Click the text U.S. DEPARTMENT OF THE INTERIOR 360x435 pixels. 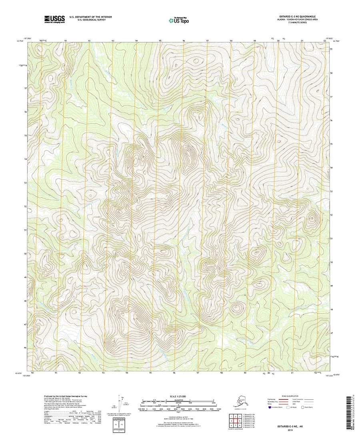(90, 17)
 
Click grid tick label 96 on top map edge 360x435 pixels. (184, 41)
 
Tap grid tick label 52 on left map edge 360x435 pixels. (26, 206)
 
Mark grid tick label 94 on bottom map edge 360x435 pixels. (127, 373)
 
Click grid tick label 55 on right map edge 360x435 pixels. (332, 144)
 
